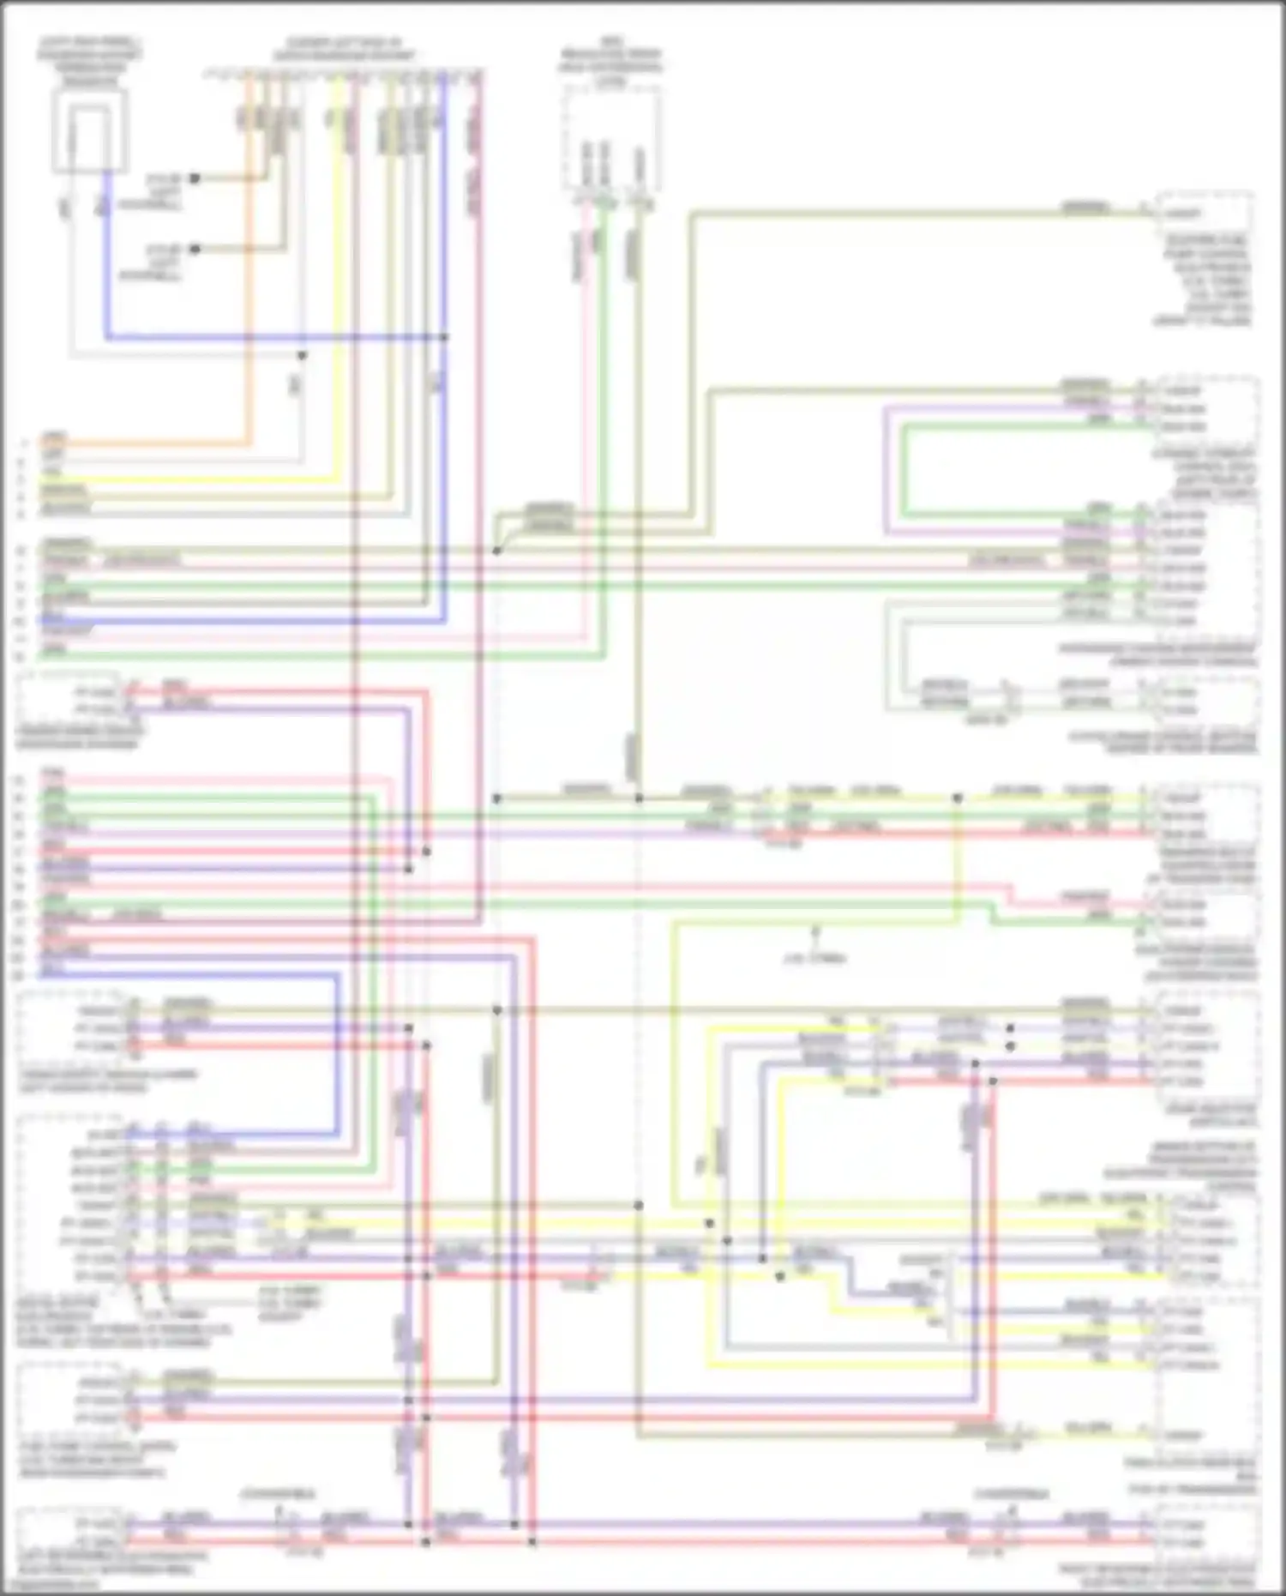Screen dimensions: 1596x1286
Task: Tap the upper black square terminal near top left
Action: (195, 178)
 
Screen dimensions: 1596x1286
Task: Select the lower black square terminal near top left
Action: (195, 250)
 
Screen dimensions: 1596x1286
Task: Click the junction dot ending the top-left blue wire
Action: (444, 337)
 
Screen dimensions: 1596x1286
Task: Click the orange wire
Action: (251, 257)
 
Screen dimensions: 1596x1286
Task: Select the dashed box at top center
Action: (612, 139)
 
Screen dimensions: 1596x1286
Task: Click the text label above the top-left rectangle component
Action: (89, 60)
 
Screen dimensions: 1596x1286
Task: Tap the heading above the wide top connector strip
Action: (343, 49)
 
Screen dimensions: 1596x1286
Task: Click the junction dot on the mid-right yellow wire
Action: (958, 798)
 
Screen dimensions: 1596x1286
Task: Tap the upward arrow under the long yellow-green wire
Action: (815, 930)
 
